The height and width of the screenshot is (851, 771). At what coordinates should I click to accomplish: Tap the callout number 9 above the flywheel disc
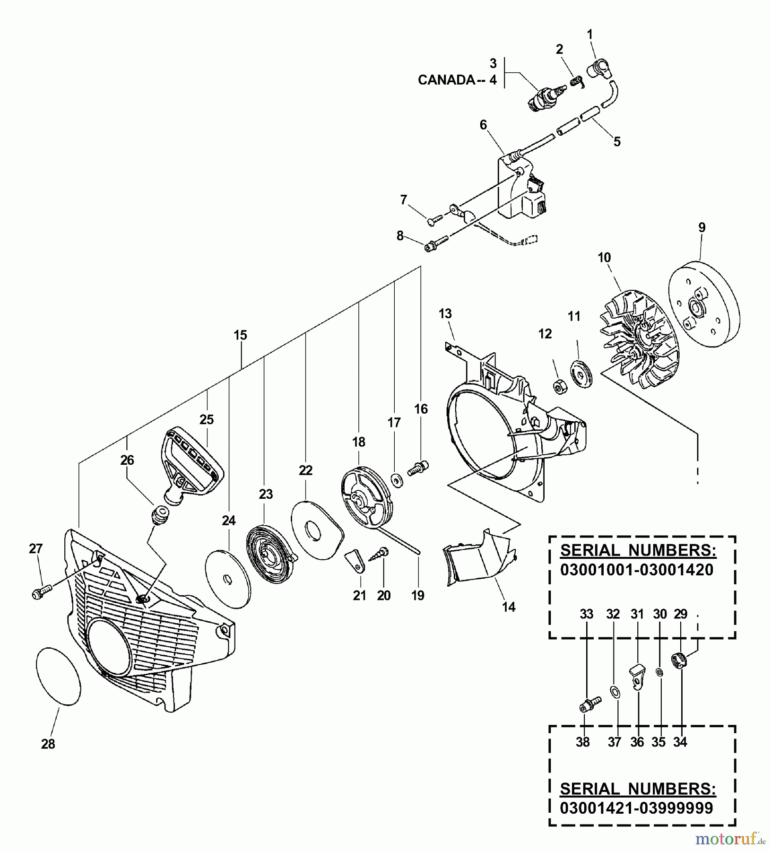pos(702,227)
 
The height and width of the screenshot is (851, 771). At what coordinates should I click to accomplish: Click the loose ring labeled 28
pos(58,677)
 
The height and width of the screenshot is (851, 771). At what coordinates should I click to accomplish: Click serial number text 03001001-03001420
pos(636,570)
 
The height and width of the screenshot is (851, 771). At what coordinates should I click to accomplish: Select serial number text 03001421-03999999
pos(636,808)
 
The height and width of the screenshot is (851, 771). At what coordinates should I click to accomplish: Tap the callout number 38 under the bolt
pos(582,743)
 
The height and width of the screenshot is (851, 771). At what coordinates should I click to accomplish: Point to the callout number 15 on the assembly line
pos(240,335)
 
